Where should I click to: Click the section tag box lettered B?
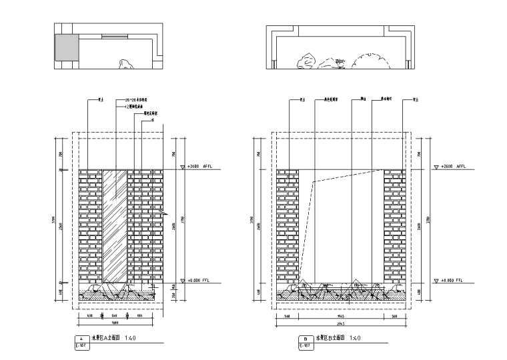pyautogui.click(x=305, y=339)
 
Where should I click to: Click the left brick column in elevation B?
pyautogui.click(x=288, y=223)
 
